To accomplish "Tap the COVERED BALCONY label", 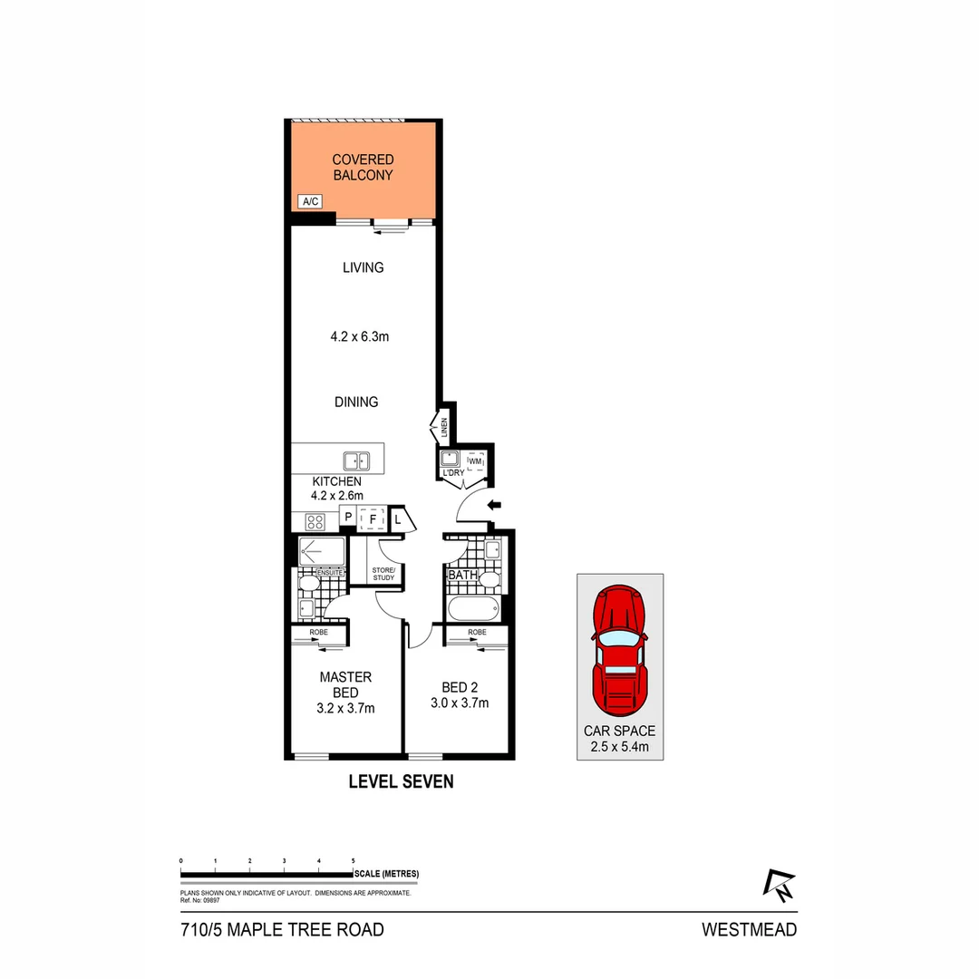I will point(363,168).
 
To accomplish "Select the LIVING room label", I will point(363,267).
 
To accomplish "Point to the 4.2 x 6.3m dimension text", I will point(359,336).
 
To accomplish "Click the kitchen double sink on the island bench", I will point(355,460).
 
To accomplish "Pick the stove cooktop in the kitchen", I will point(315,520).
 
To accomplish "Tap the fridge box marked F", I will point(372,519).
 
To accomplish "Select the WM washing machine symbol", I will point(476,462).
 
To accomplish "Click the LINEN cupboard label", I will point(444,429).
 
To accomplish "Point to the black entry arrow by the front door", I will point(495,505).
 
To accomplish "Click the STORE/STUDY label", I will point(383,573).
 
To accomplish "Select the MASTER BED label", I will point(345,684).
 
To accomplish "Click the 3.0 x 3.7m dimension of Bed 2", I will point(460,703).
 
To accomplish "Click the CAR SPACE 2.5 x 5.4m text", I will point(620,739).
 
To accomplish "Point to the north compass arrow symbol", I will point(779,886).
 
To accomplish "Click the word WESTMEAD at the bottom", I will point(749,929).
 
